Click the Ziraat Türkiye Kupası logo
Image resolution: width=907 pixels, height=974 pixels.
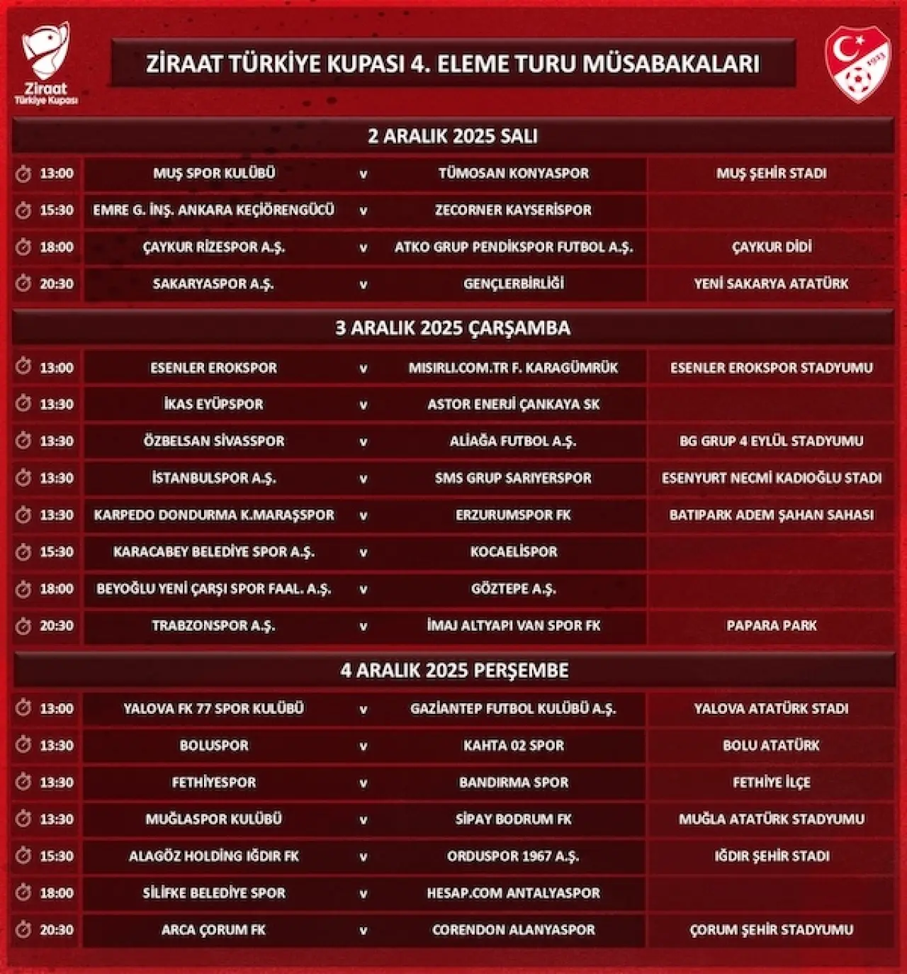coord(46,63)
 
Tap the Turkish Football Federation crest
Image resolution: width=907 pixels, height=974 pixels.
coord(857,64)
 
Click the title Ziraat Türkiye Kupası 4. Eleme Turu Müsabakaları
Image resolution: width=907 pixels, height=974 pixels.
coord(453,64)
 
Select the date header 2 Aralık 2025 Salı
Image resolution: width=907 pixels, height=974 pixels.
coord(453,136)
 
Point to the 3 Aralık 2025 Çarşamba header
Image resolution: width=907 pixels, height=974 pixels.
coord(453,328)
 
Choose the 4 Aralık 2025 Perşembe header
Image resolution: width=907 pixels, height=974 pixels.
coord(454,671)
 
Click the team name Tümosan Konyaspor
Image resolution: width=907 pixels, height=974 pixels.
coord(513,174)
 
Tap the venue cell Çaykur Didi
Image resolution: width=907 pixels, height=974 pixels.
coord(772,247)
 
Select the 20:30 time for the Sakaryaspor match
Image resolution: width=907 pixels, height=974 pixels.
coord(57,284)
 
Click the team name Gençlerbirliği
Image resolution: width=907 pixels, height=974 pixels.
coord(513,284)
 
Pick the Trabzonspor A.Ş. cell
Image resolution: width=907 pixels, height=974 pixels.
coord(213,626)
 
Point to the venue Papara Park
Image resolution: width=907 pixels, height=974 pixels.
coord(772,626)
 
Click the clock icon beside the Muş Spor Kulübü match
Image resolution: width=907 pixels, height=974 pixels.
coord(23,174)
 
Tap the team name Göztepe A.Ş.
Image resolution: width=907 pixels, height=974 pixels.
coord(513,589)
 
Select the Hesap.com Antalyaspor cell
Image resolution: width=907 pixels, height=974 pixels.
coord(513,893)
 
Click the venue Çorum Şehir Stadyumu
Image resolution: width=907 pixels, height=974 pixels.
coord(772,930)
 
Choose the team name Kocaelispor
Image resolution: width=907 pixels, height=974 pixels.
coord(513,552)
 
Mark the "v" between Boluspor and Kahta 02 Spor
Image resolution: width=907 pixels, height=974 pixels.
coord(364,746)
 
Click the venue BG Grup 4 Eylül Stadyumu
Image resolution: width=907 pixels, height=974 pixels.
coord(772,442)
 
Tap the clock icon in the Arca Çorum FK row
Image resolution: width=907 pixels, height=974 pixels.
coord(23,929)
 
